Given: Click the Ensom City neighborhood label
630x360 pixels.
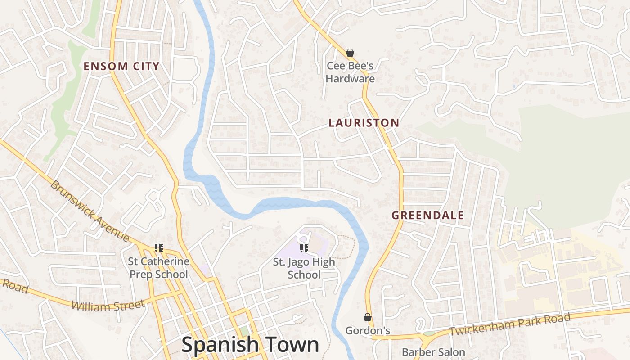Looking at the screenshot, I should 121,66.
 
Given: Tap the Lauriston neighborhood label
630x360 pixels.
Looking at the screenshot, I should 364,122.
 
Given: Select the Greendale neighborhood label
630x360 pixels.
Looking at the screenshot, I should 427,215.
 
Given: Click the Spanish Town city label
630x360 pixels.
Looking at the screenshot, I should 250,345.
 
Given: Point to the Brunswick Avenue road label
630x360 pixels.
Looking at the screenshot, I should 90,211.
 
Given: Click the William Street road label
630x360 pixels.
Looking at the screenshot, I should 108,306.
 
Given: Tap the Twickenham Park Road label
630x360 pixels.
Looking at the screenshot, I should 509,324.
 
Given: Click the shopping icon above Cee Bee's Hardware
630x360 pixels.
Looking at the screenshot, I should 350,53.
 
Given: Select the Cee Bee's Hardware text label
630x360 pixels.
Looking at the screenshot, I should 350,72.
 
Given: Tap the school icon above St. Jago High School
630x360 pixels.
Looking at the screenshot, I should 304,248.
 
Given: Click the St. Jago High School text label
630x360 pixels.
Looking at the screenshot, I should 304,268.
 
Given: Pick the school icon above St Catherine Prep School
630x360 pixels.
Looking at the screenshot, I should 158,247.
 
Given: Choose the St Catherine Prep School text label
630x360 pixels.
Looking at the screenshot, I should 158,268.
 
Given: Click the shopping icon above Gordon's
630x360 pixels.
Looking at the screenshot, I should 368,317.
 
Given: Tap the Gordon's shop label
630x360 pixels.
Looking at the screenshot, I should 368,331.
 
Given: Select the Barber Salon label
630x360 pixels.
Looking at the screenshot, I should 433,352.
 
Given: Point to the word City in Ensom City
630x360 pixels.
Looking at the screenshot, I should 146,66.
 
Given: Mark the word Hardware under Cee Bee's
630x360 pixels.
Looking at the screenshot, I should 350,79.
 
